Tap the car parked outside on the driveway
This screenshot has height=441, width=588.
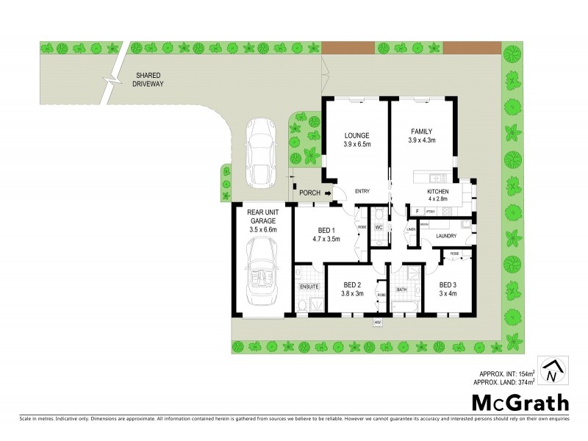259,152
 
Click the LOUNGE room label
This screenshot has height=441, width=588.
356,135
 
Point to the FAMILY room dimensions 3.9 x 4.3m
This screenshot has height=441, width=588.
422,144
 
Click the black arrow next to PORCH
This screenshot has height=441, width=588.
328,193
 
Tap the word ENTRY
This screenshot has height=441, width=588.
362,191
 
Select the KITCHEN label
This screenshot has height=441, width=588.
438,191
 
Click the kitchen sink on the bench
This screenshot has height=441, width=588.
437,177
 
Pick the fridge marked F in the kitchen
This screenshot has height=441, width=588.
417,212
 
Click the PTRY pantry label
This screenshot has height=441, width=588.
431,212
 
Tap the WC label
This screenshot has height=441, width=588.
379,227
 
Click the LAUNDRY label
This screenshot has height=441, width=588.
445,236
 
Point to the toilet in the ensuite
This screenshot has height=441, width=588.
303,306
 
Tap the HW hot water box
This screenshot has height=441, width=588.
378,323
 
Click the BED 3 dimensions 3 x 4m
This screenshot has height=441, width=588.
448,293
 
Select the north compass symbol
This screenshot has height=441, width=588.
551,371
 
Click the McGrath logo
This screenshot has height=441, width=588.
520,402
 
